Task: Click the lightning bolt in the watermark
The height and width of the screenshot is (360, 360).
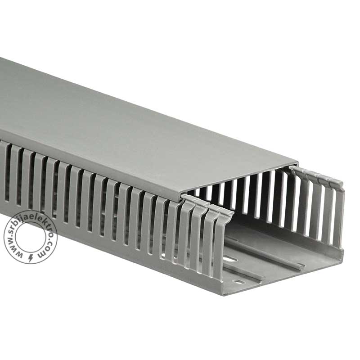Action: (x=31, y=258)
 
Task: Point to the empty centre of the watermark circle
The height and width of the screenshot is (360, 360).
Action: (x=30, y=237)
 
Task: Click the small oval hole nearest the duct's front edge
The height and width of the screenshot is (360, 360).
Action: (x=237, y=282)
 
